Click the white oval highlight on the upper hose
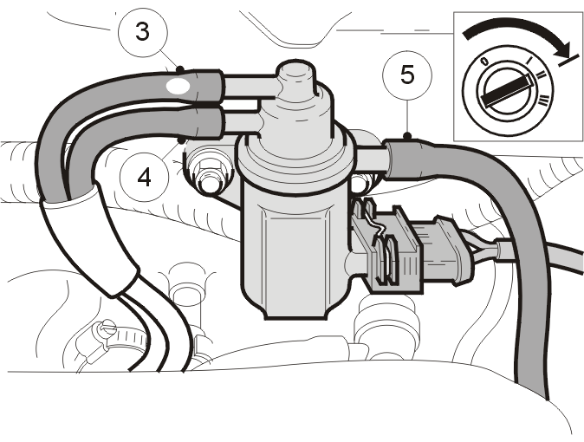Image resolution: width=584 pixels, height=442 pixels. pos(178,86)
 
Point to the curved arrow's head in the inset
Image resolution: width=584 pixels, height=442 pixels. pos(561,49)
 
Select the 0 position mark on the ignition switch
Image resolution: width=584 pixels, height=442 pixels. pos(484,62)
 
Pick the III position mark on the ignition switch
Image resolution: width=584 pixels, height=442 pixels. pos(544,100)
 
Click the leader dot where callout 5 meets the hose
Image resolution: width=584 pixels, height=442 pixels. pos(408,136)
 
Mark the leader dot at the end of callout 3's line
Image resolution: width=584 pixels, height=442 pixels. pos(180,69)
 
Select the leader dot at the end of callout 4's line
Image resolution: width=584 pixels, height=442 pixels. pos(181,141)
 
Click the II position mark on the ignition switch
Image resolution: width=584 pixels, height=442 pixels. pos(540,75)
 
